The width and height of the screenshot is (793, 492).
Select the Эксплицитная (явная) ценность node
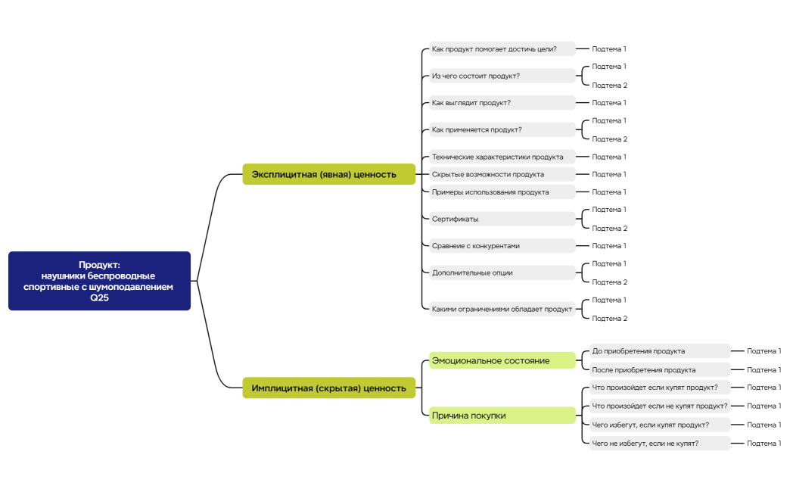(x=328, y=174)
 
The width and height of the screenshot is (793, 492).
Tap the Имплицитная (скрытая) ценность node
(x=328, y=388)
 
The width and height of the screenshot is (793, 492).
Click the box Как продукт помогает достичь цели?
(x=502, y=49)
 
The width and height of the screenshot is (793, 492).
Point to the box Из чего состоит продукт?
(x=502, y=76)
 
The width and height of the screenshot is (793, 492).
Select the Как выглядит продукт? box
(x=502, y=103)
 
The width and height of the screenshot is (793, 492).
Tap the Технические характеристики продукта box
(x=502, y=157)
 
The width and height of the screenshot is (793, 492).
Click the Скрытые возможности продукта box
(x=502, y=174)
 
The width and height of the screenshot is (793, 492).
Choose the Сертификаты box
(x=502, y=219)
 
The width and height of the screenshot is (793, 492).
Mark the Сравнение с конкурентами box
(x=502, y=246)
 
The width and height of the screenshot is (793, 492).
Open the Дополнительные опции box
(x=502, y=272)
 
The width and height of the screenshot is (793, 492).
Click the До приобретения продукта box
(x=659, y=351)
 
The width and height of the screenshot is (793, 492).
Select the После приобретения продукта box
(x=659, y=370)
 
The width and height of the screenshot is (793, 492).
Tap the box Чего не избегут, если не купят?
(x=659, y=444)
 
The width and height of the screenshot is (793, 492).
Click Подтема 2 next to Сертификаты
(x=609, y=229)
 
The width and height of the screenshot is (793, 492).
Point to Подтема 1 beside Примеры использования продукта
(x=609, y=192)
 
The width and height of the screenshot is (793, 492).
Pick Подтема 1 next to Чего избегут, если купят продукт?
(x=763, y=425)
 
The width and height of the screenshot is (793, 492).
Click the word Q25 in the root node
(x=99, y=297)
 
